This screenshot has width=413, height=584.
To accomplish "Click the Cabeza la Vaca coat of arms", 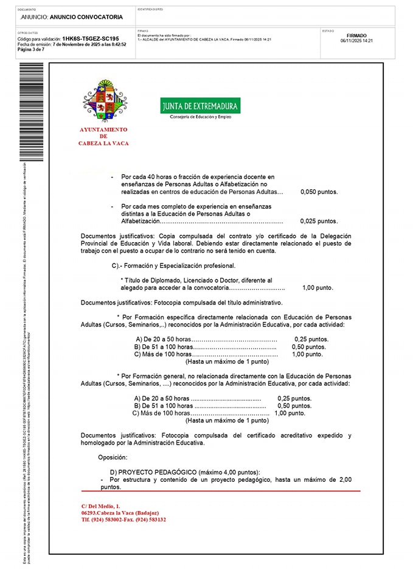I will click(105, 100).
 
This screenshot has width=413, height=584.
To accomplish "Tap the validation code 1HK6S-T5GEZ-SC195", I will click(90, 38).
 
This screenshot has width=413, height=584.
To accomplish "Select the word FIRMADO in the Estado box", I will click(356, 35).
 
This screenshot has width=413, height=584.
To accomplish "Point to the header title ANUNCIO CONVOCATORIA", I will click(87, 17).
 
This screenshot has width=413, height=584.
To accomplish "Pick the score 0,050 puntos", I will click(319, 192).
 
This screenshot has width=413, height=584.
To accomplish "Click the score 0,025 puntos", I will click(319, 221).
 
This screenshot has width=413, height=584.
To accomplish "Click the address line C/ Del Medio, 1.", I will click(101, 506).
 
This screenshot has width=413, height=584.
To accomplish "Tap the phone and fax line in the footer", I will click(123, 520).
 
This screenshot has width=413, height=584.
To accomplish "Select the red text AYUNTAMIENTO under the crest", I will click(103, 130).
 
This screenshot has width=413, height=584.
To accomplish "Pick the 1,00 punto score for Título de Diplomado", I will click(318, 288).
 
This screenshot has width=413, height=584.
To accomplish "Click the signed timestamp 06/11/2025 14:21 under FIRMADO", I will click(356, 41).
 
